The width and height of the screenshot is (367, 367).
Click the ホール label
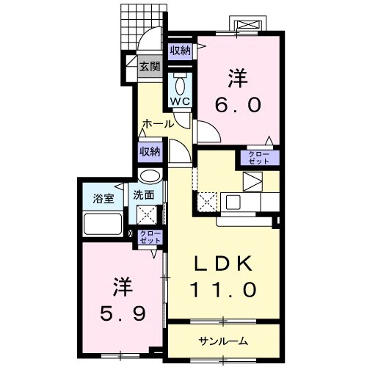159,124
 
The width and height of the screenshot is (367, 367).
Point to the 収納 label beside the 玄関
181,51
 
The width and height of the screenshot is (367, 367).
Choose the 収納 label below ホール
150,152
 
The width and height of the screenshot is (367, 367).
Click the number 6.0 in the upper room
237,105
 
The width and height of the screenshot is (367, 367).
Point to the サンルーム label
222,341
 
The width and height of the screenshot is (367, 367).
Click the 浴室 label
103,198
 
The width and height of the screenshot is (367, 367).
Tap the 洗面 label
143,195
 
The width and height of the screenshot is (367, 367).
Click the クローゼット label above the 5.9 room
149,236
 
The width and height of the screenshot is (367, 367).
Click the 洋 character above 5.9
122,285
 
